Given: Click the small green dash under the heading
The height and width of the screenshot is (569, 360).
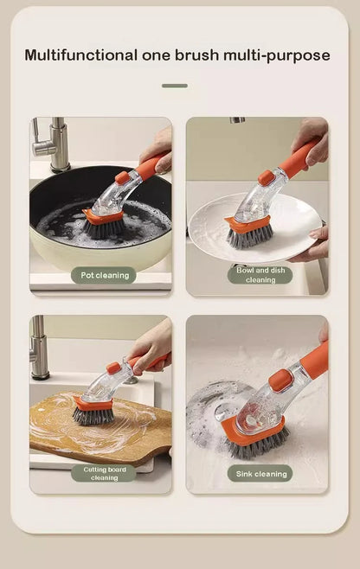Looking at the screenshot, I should click(x=174, y=86).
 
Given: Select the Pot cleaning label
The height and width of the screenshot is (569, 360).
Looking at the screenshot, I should click(x=104, y=275).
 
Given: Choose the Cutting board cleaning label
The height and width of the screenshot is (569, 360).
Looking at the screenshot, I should click(x=104, y=473).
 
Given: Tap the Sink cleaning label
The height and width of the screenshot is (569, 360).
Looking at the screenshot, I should click(x=260, y=473).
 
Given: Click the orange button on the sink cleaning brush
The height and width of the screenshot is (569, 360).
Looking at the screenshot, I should click(x=279, y=380).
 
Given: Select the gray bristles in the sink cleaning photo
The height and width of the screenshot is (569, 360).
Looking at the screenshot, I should click(x=251, y=448).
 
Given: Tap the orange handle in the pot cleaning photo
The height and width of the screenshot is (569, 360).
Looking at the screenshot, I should click(x=153, y=163).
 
